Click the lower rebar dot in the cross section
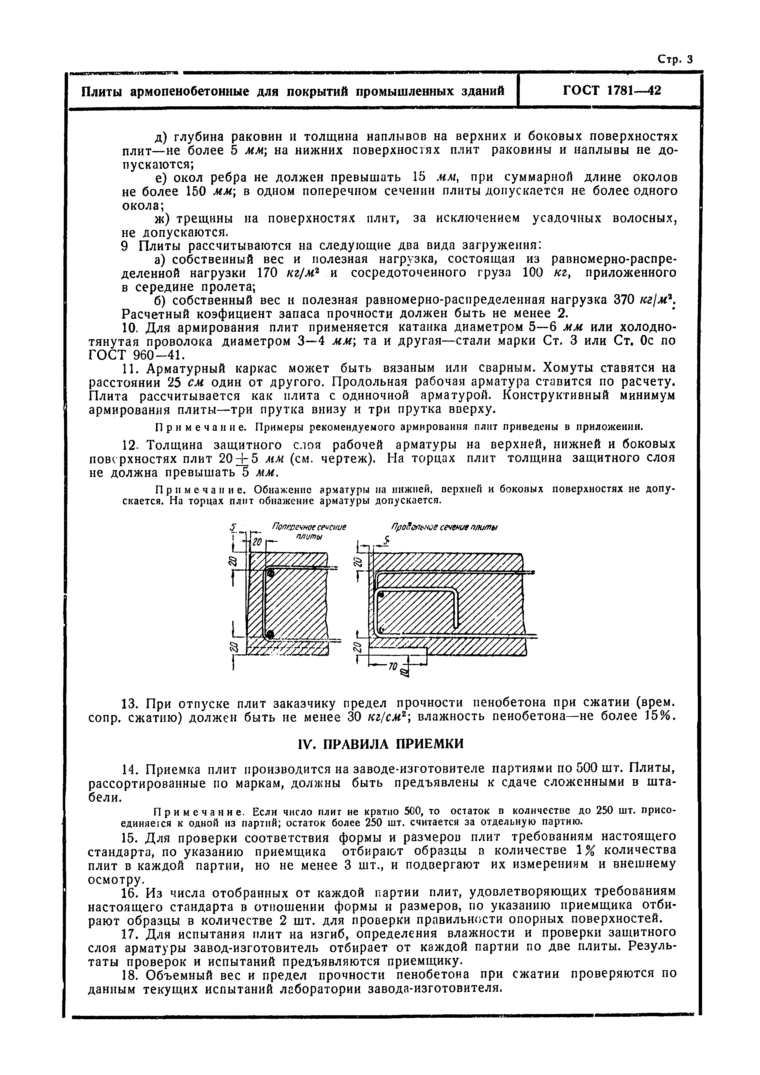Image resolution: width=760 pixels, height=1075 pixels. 270,634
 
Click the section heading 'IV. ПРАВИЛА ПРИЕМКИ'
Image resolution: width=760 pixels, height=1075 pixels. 381,744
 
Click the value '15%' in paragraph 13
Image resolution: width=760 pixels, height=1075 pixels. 659,716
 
